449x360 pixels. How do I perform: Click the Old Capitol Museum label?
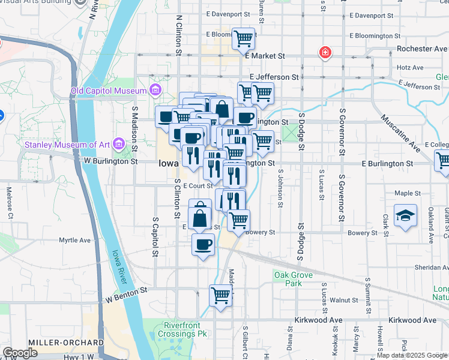click(x=108, y=91)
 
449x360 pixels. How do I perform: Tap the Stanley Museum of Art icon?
click(x=118, y=144)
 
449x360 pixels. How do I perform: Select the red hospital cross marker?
click(x=325, y=53)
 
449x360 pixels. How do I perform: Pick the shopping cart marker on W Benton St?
click(x=220, y=296)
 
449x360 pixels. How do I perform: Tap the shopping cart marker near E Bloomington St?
click(x=243, y=40)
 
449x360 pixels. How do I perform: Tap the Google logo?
click(x=20, y=353)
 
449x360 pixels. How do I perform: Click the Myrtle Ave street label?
click(x=74, y=240)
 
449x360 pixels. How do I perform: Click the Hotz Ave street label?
click(x=410, y=68)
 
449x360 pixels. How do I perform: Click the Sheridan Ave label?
click(x=427, y=268)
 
